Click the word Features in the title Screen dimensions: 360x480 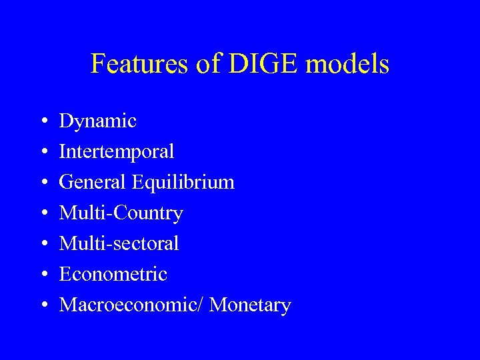click(134, 65)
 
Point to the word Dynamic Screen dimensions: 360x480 click(97, 121)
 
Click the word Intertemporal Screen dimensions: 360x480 click(117, 152)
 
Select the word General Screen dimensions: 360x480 click(93, 182)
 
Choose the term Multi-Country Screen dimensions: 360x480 click(121, 213)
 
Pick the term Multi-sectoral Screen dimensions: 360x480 click(119, 244)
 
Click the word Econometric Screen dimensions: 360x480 click(113, 274)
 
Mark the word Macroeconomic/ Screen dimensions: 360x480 click(131, 305)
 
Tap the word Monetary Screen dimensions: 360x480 click(250, 305)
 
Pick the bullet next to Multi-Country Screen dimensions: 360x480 click(43, 214)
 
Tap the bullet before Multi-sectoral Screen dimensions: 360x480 click(43, 245)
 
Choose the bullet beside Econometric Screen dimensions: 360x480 click(43, 275)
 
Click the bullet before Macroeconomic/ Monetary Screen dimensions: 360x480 click(43, 305)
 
